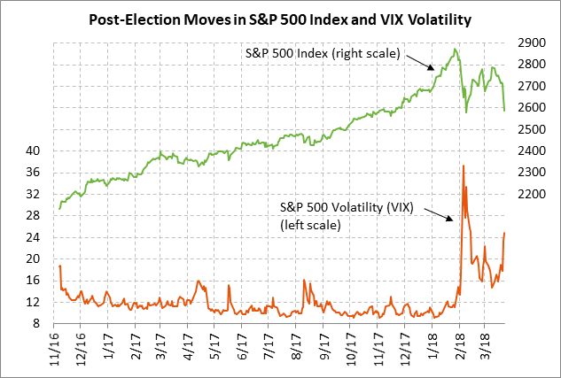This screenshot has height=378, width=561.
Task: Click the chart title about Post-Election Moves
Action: tap(280, 18)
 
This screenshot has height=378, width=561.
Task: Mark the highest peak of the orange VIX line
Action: tap(463, 166)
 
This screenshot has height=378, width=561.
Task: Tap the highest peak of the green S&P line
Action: tap(456, 50)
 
